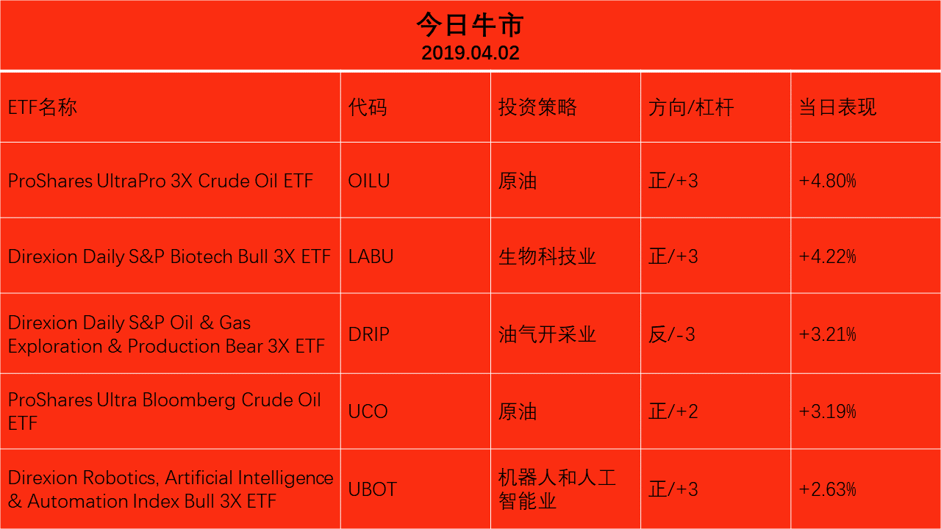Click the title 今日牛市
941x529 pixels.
coord(470,25)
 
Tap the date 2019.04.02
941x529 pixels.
coord(470,53)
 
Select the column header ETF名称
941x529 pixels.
coord(43,107)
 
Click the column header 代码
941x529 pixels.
coord(368,107)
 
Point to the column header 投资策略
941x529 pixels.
coord(537,107)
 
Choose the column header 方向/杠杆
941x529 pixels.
coord(691,107)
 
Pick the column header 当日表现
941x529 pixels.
coord(837,107)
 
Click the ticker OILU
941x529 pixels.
coord(369,181)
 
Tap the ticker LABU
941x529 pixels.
coord(371,256)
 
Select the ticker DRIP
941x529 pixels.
coord(369,334)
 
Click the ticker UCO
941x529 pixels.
coord(368,411)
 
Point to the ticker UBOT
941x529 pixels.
coord(373,489)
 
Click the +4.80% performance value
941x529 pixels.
coord(827,181)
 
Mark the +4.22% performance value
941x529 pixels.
coord(827,256)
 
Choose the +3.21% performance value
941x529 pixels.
coord(827,334)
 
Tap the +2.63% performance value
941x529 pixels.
coord(827,489)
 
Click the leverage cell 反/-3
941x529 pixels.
coord(671,334)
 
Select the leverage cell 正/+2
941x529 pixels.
coord(673,411)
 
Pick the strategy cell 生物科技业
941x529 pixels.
coord(547,256)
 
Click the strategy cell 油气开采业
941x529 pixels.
coord(547,334)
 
